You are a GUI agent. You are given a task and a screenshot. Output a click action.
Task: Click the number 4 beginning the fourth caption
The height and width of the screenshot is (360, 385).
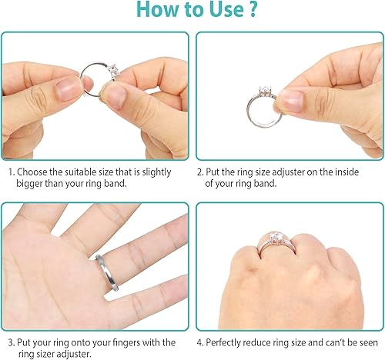[x=200, y=342]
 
